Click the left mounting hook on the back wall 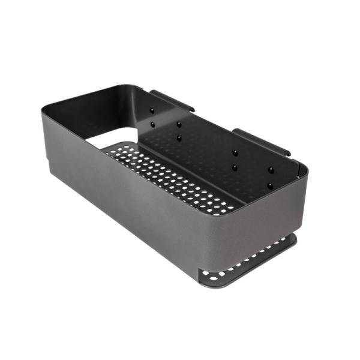click(x=172, y=101)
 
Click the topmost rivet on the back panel click(x=152, y=111)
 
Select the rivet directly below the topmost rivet click(x=152, y=124)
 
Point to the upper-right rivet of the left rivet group click(x=178, y=124)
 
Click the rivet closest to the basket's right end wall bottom click(x=270, y=185)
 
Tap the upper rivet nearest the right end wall click(x=271, y=170)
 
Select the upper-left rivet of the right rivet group click(x=235, y=153)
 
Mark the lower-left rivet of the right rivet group click(x=235, y=168)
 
